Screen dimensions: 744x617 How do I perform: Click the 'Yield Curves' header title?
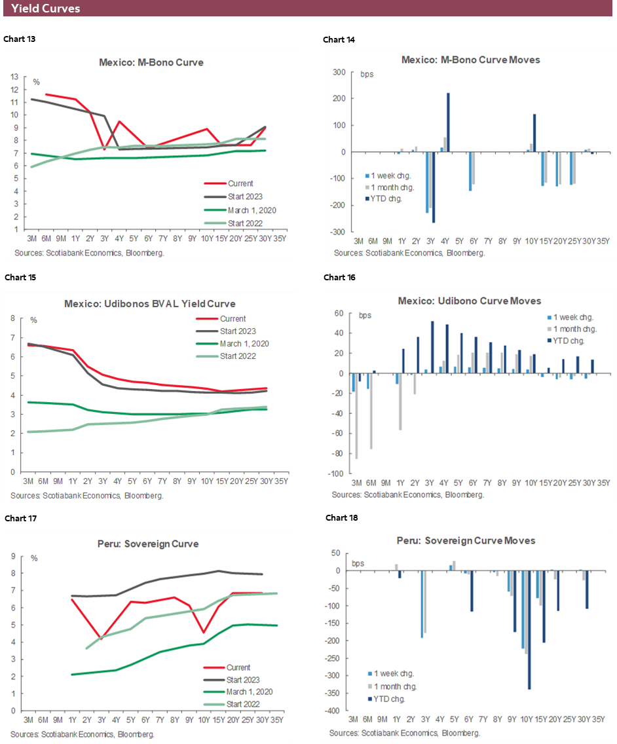pos(46,9)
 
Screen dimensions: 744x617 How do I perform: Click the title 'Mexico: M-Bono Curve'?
pos(151,63)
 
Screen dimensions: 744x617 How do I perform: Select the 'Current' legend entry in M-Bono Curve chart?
pos(241,183)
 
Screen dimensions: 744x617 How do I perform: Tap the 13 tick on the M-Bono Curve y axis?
pos(15,76)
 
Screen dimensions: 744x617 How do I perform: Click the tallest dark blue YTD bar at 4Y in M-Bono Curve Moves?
pos(448,122)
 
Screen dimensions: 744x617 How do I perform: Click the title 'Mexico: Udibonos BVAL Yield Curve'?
pos(149,304)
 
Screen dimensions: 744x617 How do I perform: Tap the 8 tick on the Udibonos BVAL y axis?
pos(12,319)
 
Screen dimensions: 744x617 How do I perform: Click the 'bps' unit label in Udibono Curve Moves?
pos(365,316)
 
